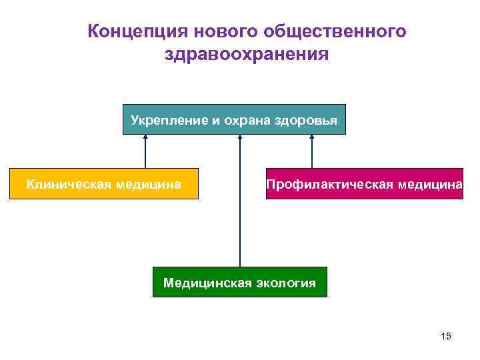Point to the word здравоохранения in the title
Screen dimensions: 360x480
(247, 55)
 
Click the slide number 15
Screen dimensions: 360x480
(446, 336)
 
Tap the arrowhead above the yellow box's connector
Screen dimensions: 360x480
(145, 137)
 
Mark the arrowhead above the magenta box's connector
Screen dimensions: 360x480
(312, 137)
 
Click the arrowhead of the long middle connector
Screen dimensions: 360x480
(240, 137)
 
